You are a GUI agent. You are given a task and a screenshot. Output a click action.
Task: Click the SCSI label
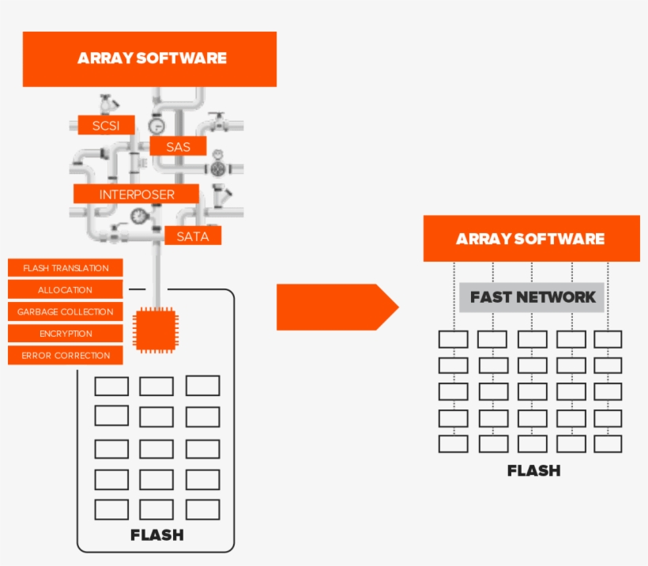click(x=106, y=125)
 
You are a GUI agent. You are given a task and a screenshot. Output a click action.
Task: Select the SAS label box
click(x=178, y=146)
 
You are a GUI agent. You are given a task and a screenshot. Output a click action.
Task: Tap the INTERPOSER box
click(x=136, y=194)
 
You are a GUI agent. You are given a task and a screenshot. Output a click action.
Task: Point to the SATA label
click(x=192, y=236)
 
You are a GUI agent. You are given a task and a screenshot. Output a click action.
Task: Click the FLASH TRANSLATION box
click(x=66, y=268)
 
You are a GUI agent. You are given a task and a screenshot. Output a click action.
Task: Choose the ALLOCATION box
click(x=66, y=290)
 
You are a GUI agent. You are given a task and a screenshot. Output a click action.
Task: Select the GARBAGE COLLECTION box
click(x=66, y=311)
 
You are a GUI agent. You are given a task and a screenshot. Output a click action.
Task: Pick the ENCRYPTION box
click(x=66, y=334)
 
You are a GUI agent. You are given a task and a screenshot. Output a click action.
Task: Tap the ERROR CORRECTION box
click(x=66, y=356)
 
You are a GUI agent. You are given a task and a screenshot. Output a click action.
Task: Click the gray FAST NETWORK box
click(x=532, y=297)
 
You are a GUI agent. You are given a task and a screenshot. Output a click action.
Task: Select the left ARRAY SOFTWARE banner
click(x=149, y=58)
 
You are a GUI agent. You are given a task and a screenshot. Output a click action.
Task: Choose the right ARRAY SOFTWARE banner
click(x=531, y=239)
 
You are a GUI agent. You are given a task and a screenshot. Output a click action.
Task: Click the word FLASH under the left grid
click(x=156, y=535)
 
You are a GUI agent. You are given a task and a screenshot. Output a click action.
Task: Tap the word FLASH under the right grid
click(x=533, y=470)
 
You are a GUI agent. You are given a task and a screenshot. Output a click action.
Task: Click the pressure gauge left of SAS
click(x=156, y=126)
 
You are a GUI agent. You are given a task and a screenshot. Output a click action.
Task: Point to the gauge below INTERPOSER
click(x=140, y=216)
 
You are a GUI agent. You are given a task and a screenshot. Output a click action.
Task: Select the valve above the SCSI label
click(x=104, y=104)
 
